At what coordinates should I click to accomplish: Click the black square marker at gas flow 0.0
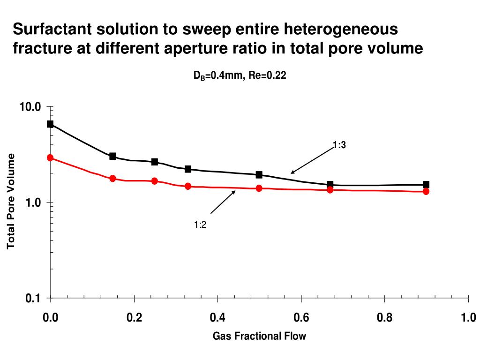(50, 124)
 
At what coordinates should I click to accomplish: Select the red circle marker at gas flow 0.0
(50, 157)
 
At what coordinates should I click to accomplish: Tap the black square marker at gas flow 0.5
(259, 174)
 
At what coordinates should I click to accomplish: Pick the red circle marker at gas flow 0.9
(426, 191)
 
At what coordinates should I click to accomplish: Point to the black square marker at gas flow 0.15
(112, 156)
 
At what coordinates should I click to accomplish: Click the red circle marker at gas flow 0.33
(188, 186)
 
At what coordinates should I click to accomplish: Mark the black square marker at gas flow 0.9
(426, 184)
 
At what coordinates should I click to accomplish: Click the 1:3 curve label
(339, 145)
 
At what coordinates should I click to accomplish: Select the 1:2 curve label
(200, 225)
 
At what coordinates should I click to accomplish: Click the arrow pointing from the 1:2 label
(223, 202)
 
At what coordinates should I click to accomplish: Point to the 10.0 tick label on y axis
(30, 107)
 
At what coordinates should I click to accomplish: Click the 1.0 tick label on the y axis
(33, 202)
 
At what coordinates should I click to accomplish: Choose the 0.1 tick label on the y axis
(33, 298)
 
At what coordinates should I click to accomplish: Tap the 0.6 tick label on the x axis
(301, 317)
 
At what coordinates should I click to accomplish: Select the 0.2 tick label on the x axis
(134, 317)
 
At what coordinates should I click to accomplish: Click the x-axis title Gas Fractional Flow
(259, 336)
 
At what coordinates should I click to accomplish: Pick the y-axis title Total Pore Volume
(11, 201)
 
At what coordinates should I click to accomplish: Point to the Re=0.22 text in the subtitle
(267, 75)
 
